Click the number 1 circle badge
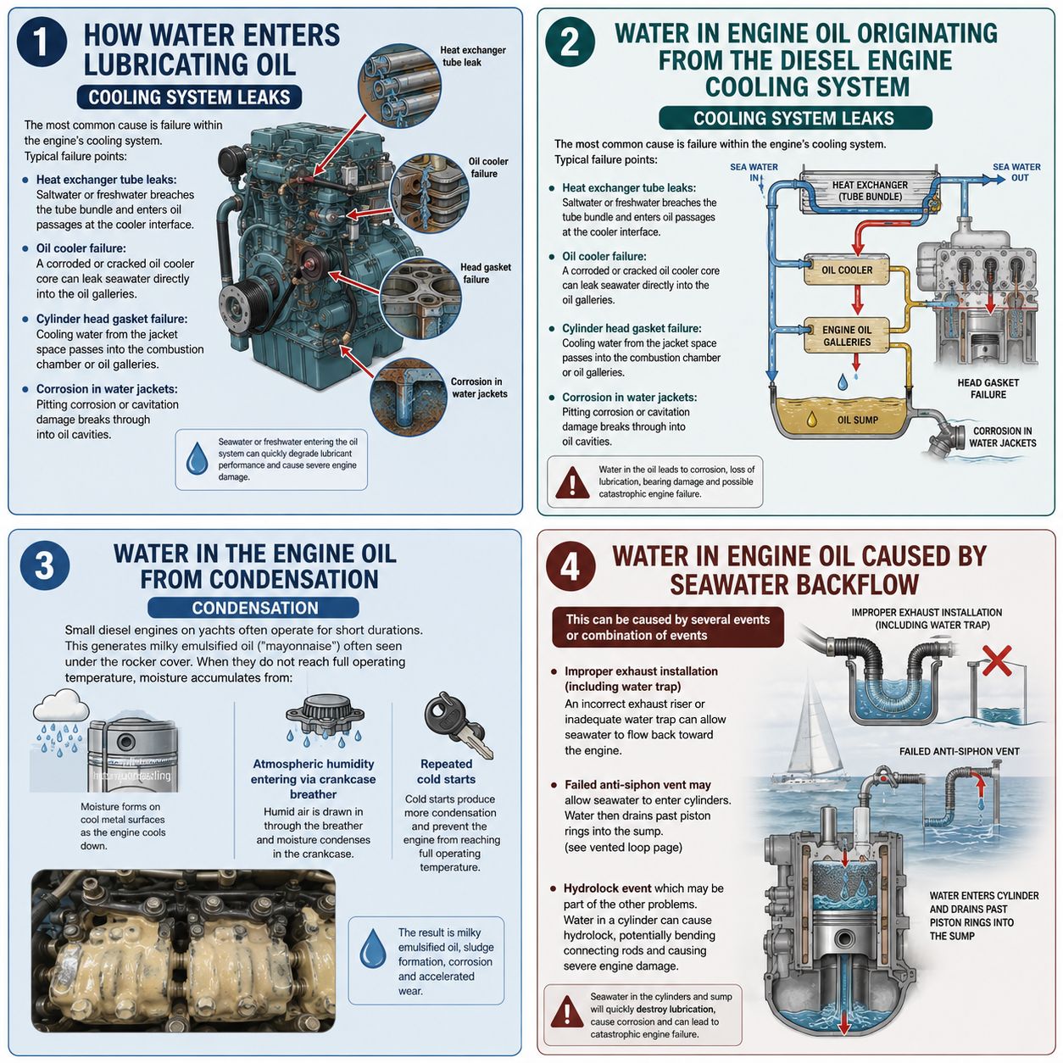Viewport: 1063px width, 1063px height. [x=42, y=42]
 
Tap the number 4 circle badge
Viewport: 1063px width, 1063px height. [x=570, y=565]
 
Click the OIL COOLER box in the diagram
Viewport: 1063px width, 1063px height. [x=846, y=270]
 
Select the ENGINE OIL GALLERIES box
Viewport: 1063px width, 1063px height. [x=846, y=336]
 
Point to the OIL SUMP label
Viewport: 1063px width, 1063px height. [x=857, y=420]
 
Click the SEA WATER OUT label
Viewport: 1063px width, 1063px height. [x=1016, y=172]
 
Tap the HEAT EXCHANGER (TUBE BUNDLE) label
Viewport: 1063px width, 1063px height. [x=870, y=191]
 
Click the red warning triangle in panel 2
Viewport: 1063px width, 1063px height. [x=572, y=482]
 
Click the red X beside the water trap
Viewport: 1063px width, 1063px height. [x=997, y=660]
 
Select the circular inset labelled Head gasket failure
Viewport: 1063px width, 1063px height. [x=420, y=298]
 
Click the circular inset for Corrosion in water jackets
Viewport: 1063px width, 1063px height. [x=409, y=397]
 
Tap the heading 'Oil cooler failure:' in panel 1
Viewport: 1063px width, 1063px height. [x=81, y=248]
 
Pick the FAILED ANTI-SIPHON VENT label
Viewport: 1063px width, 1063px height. [x=960, y=751]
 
